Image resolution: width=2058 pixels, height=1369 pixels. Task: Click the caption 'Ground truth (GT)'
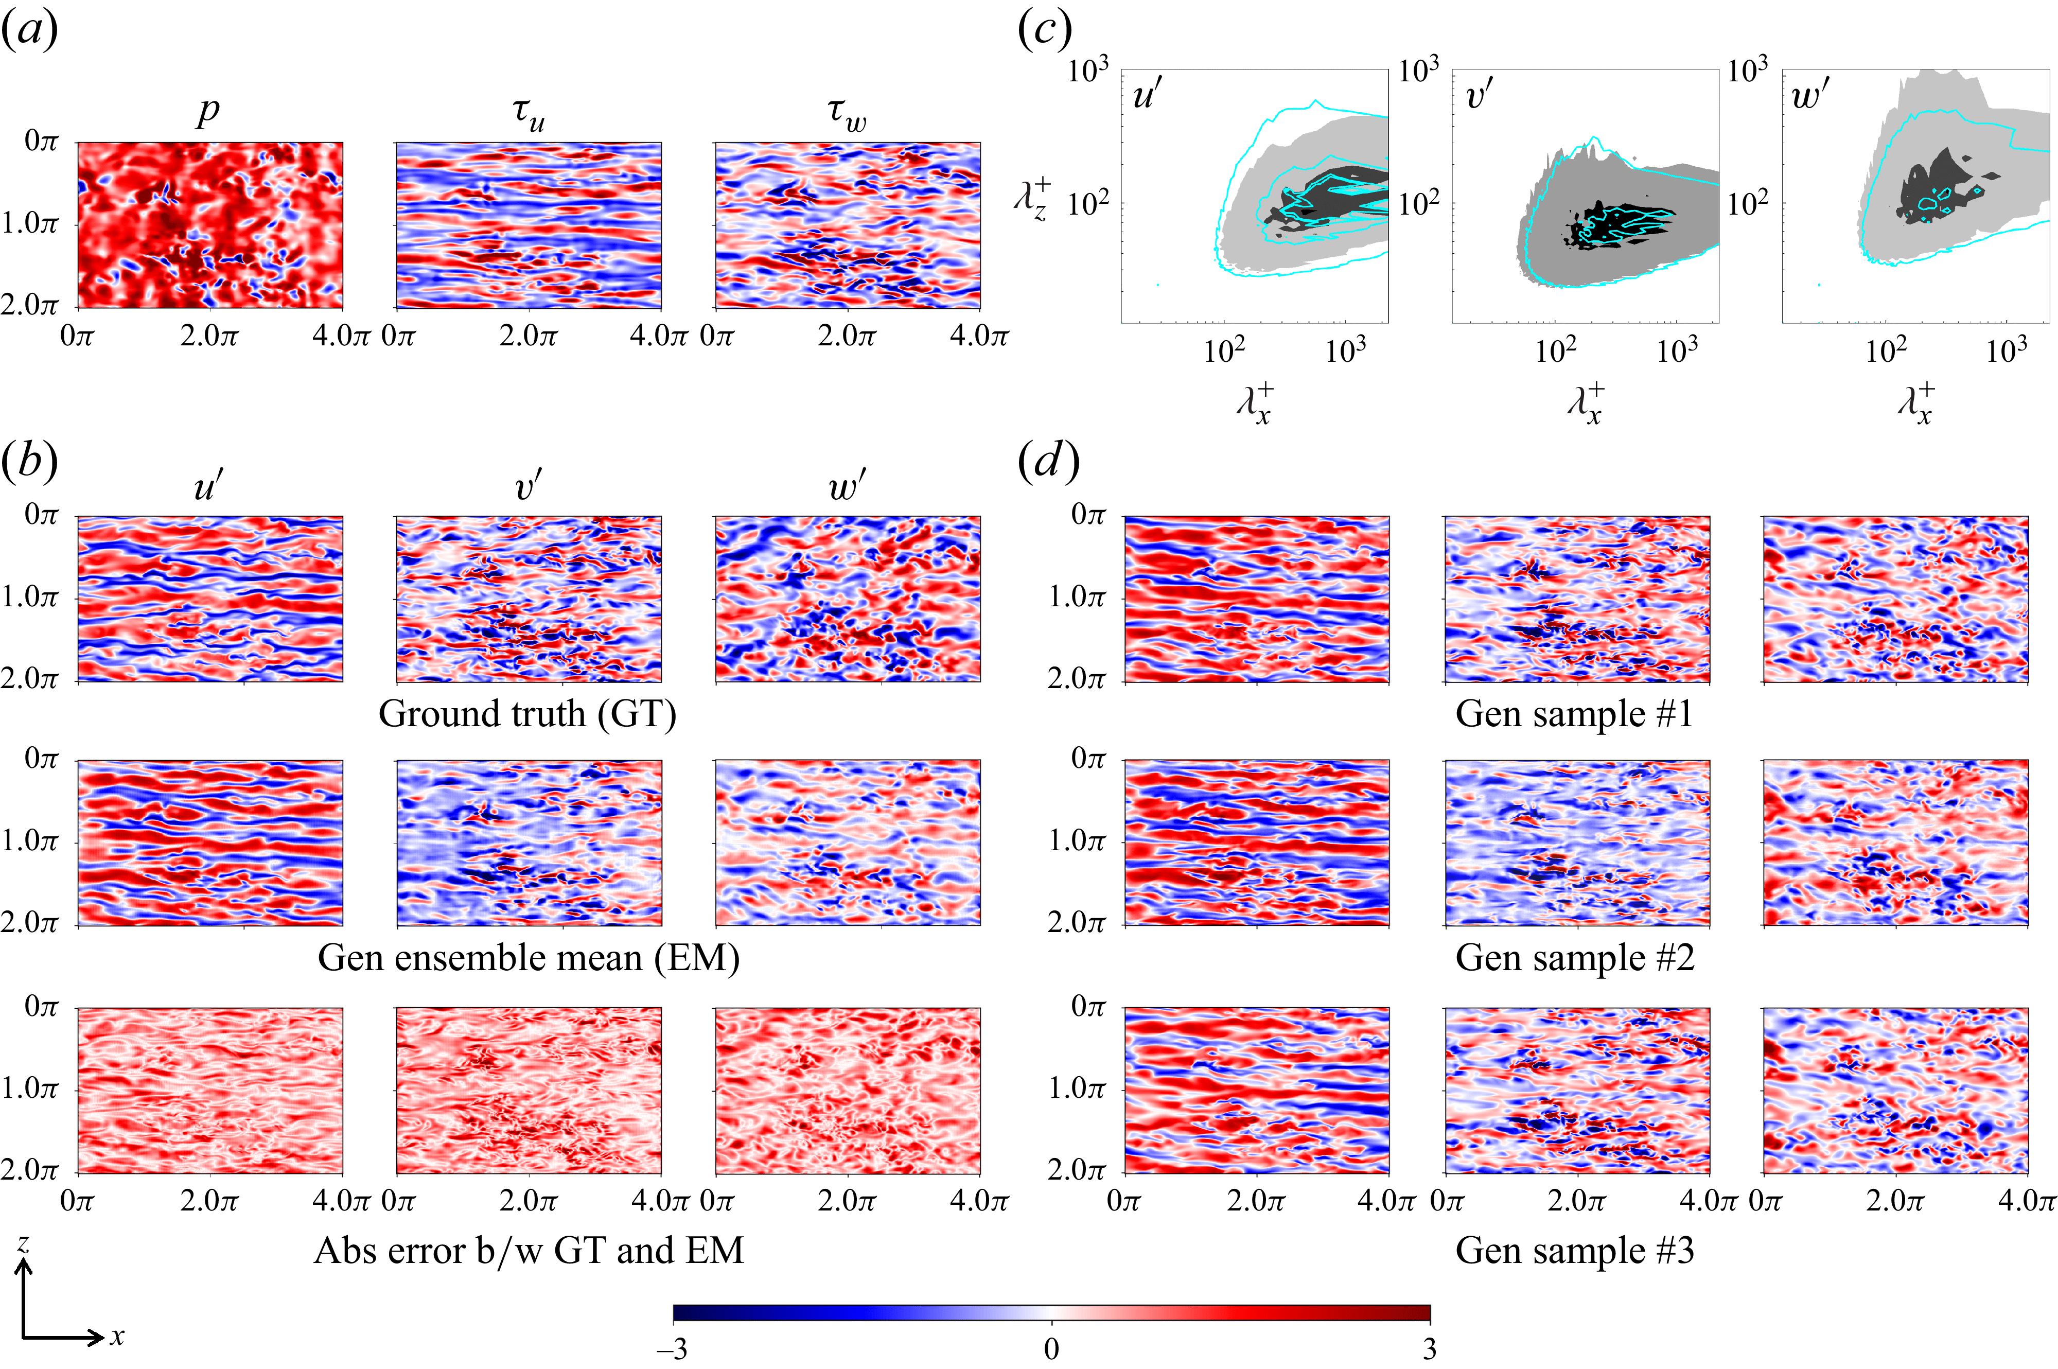[527, 714]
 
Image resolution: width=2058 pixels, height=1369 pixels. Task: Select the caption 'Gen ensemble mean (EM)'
[528, 958]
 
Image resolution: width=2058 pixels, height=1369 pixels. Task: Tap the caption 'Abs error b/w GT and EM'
[528, 1250]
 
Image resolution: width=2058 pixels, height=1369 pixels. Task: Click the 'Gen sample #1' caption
[1574, 714]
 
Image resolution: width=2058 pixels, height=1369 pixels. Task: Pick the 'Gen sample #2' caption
[1574, 958]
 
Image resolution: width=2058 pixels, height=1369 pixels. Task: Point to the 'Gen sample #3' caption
[1574, 1250]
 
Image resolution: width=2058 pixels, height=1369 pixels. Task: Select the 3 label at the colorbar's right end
[1429, 1349]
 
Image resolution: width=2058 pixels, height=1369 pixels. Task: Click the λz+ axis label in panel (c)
[1032, 200]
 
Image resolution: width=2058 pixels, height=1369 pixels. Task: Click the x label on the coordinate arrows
[117, 1336]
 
